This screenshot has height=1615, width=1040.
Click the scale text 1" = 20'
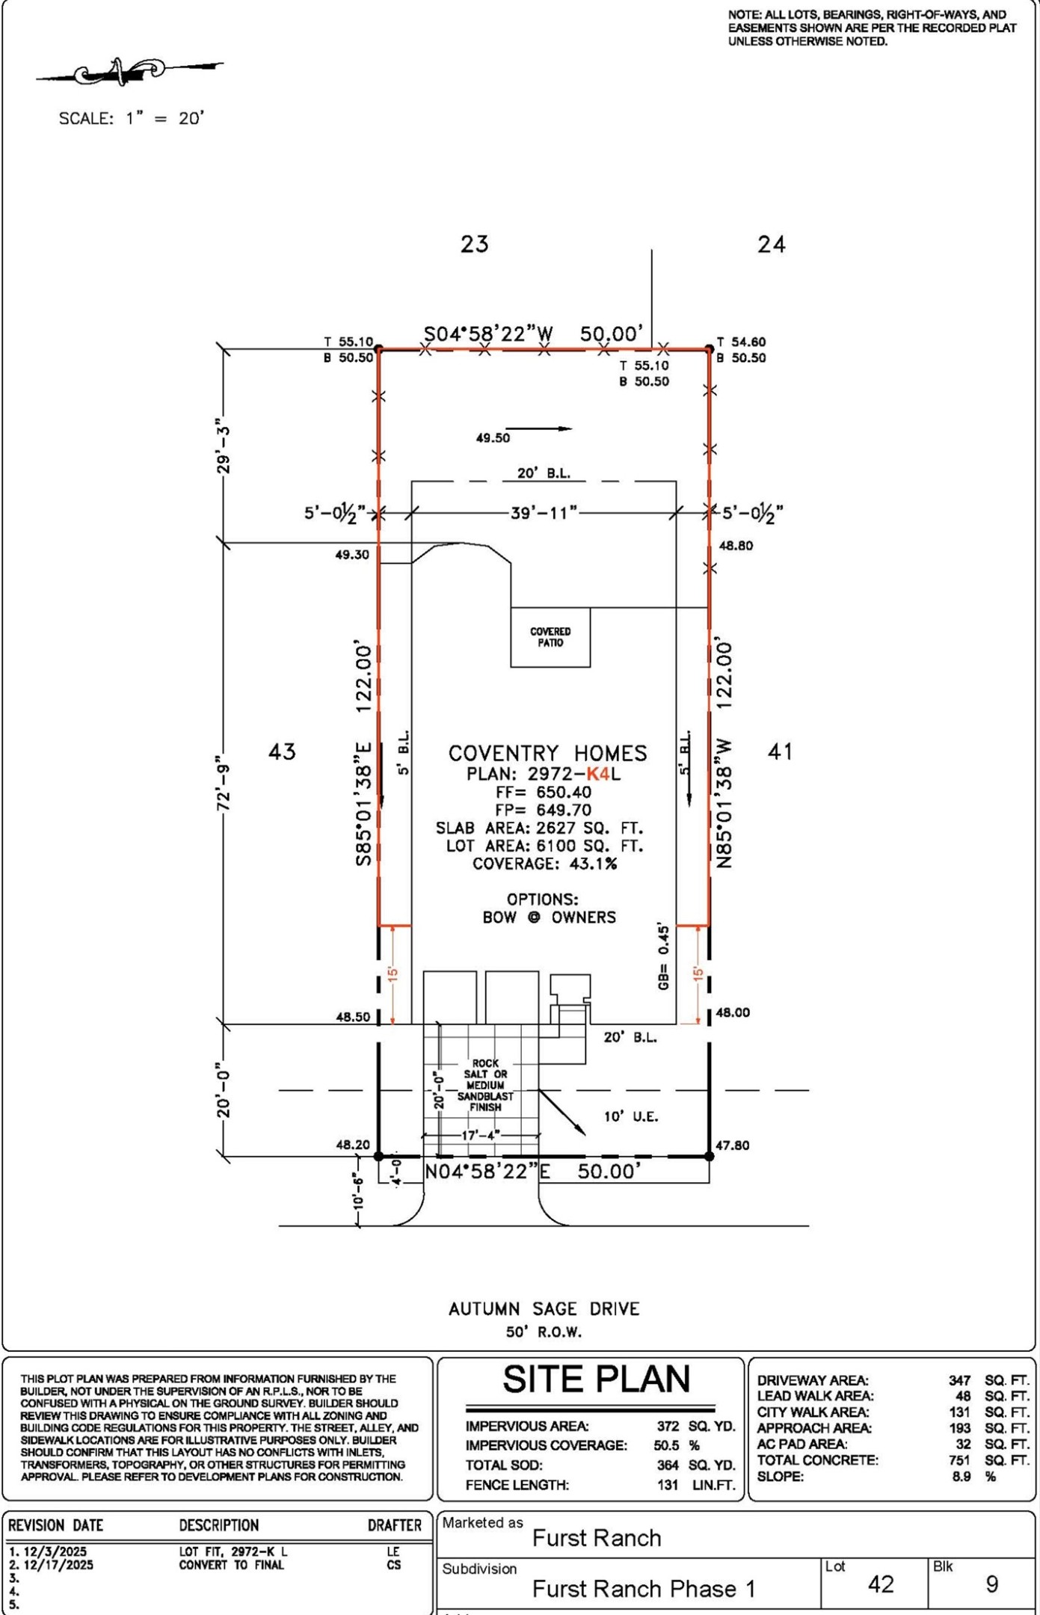click(164, 118)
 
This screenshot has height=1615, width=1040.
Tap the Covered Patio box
click(550, 637)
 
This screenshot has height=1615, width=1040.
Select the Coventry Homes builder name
click(547, 753)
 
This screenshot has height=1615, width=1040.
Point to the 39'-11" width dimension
click(544, 513)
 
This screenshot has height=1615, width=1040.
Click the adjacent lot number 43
click(282, 751)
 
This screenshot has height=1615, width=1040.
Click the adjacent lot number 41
click(780, 751)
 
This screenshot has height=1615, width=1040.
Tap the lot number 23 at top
click(475, 244)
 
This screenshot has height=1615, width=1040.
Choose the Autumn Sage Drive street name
click(544, 1308)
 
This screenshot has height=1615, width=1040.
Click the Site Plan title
click(596, 1379)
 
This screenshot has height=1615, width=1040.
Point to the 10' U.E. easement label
click(631, 1116)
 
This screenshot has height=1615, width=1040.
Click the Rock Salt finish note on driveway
click(485, 1085)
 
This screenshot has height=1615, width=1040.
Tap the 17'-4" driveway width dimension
click(481, 1135)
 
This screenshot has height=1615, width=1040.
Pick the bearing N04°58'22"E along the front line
click(487, 1172)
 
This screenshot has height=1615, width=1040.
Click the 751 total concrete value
click(959, 1459)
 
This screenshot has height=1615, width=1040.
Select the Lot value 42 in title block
click(881, 1584)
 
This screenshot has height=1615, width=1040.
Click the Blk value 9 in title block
click(992, 1584)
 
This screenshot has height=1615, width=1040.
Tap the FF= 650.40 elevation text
click(544, 792)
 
